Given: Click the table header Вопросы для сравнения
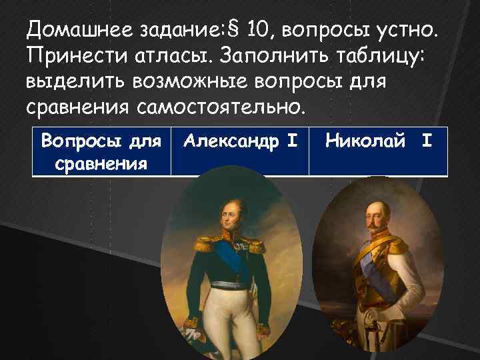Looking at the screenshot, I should [x=101, y=152].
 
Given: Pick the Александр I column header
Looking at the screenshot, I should [x=239, y=141].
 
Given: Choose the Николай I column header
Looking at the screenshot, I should [x=378, y=141].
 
